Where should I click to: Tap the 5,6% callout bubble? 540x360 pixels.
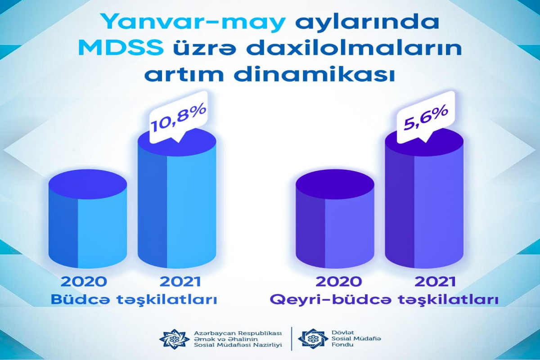point(426,118)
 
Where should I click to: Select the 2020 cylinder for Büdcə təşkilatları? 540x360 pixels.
point(88,219)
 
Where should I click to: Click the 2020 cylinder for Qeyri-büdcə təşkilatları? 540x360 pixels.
point(335,220)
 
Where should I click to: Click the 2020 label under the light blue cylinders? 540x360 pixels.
point(84,281)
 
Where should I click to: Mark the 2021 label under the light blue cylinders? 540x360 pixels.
point(180,281)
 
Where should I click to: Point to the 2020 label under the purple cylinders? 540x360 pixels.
point(339,281)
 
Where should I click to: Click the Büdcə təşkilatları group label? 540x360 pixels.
point(134,300)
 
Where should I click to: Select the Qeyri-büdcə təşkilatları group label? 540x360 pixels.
point(384,300)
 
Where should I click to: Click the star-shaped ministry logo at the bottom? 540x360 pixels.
point(174,338)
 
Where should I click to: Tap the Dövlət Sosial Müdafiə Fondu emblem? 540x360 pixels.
point(313,338)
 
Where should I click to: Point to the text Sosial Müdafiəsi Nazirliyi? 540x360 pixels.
point(238,345)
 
